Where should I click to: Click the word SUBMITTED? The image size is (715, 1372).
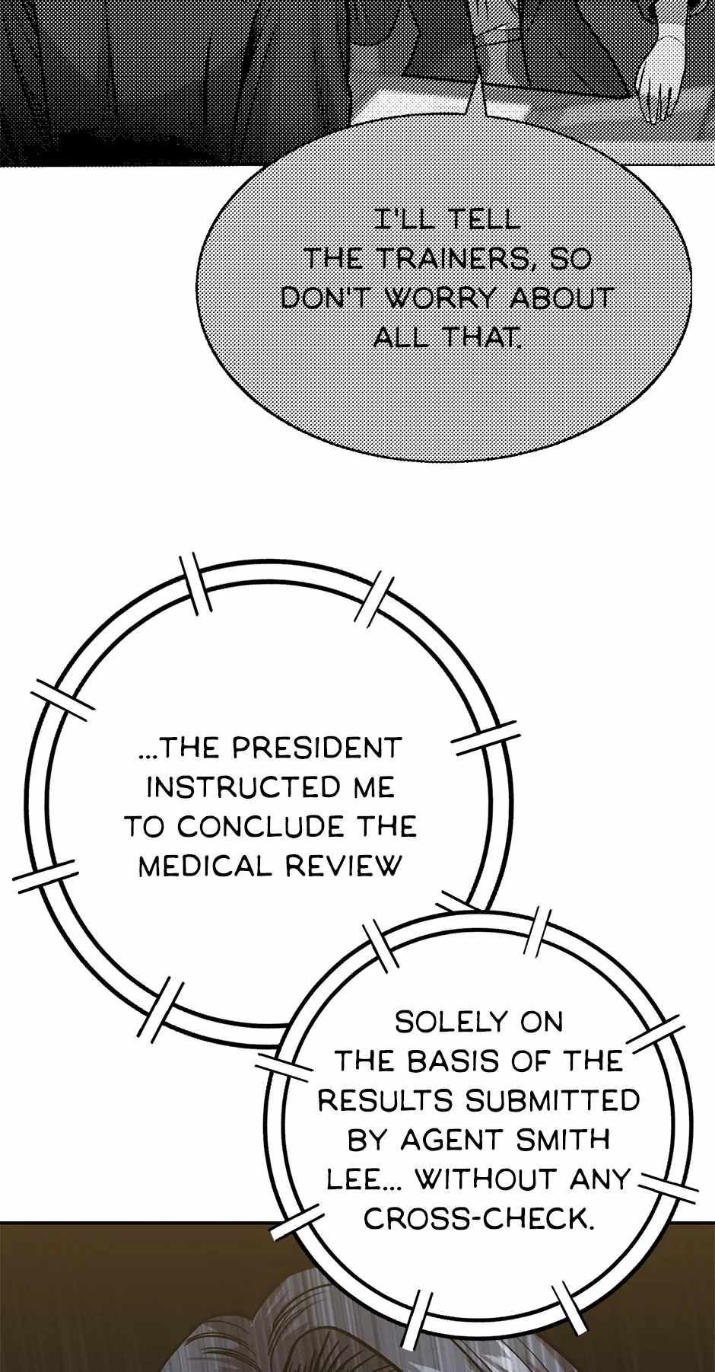[553, 1100]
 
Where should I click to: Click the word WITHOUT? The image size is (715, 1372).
[486, 1179]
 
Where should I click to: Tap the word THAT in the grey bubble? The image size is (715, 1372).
[482, 337]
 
